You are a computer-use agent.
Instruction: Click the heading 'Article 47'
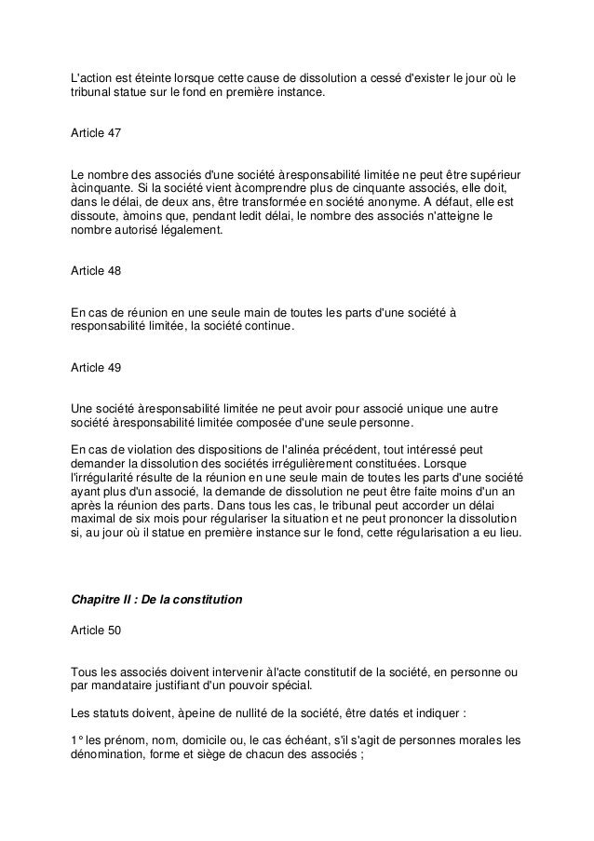96,134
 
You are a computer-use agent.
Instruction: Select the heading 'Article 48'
96,271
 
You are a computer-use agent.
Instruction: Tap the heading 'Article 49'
96,368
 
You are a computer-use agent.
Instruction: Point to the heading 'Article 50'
96,631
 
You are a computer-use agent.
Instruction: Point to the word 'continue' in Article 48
266,327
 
